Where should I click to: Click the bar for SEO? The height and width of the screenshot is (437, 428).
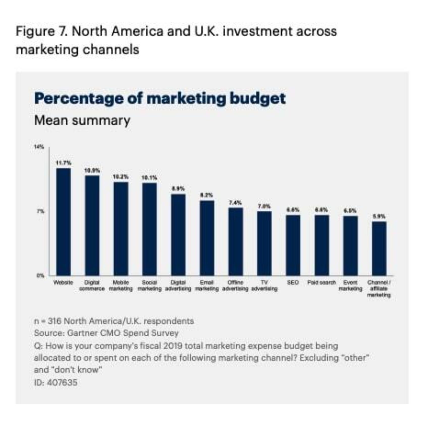pyautogui.click(x=293, y=245)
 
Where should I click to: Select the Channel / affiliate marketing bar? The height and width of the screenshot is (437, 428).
pyautogui.click(x=379, y=248)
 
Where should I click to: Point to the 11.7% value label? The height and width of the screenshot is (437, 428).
pyautogui.click(x=63, y=163)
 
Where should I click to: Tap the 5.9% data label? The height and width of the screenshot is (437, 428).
pyautogui.click(x=379, y=216)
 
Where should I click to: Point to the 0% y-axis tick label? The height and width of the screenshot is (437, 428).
pyautogui.click(x=40, y=276)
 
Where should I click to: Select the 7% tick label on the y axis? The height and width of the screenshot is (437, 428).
pyautogui.click(x=41, y=211)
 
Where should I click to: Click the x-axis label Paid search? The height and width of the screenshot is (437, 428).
pyautogui.click(x=322, y=282)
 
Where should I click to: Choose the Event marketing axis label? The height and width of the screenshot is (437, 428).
pyautogui.click(x=350, y=285)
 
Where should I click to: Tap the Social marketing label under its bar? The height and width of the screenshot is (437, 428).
pyautogui.click(x=149, y=285)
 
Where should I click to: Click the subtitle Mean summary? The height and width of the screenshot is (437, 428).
pyautogui.click(x=82, y=120)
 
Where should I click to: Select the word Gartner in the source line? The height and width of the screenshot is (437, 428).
pyautogui.click(x=83, y=333)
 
